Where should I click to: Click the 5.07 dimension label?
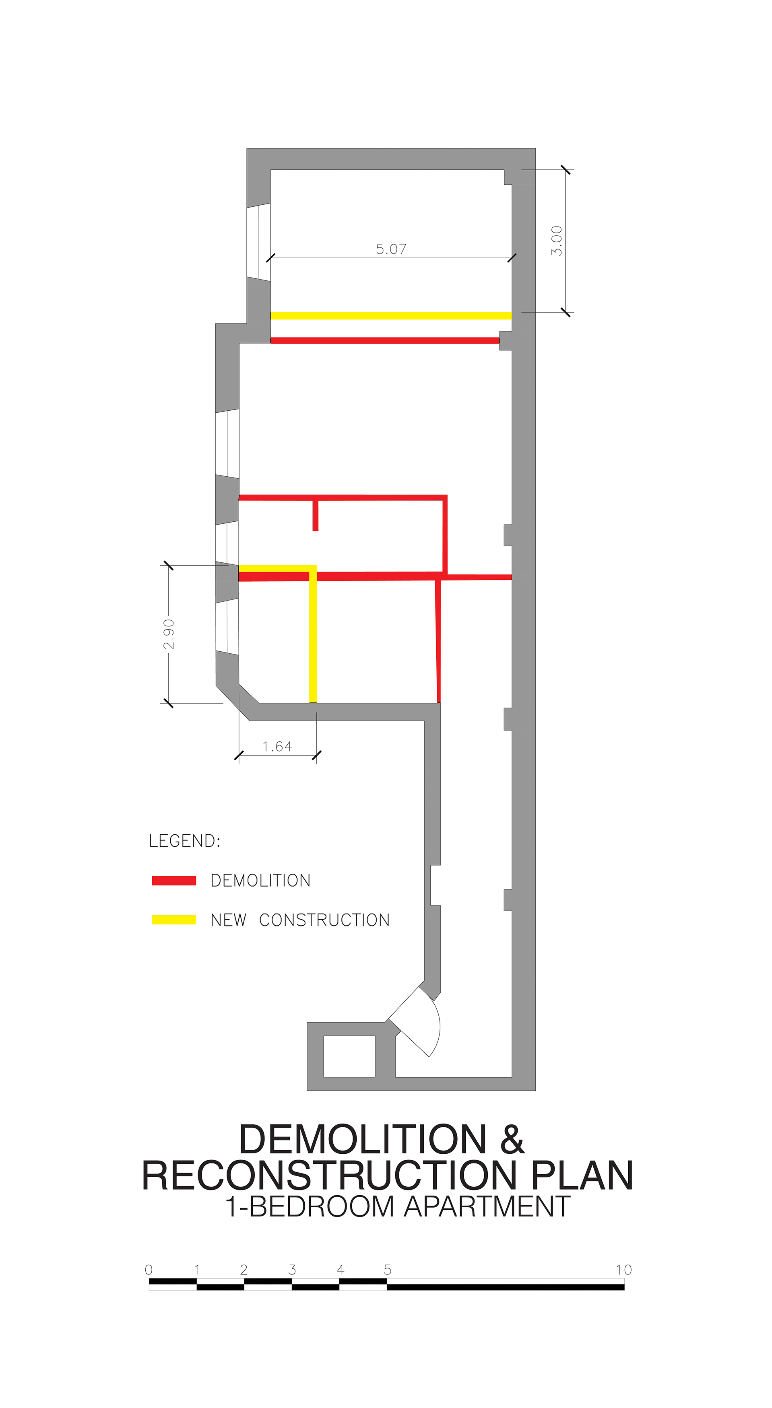[x=391, y=249]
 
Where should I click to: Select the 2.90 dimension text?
[x=169, y=634]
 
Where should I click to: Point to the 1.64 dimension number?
[x=277, y=747]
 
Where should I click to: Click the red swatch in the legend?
[x=174, y=881]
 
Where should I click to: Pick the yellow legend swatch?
[x=174, y=920]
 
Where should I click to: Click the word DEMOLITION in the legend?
[x=260, y=881]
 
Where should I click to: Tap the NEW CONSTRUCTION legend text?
[x=300, y=920]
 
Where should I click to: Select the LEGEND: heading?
[x=184, y=841]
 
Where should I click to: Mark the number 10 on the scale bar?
[x=624, y=1270]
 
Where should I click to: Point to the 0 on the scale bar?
[x=149, y=1270]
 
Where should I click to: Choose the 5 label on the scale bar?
[x=388, y=1270]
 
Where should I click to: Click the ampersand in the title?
[x=512, y=1140]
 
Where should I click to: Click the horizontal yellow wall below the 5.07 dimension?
[x=391, y=315]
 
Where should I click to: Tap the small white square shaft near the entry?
[x=349, y=1056]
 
